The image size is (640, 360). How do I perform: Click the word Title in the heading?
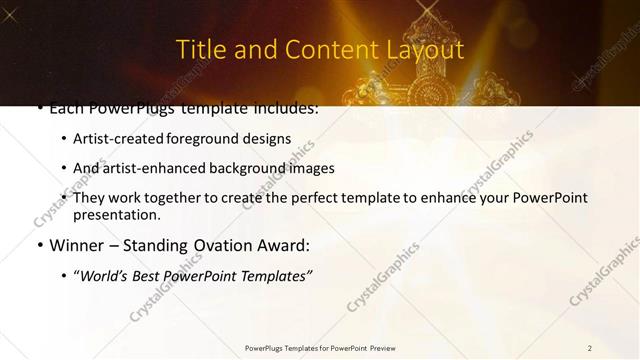pyautogui.click(x=200, y=49)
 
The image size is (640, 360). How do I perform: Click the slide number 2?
pyautogui.click(x=589, y=347)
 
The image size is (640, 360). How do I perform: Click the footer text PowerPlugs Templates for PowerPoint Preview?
pyautogui.click(x=319, y=347)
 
